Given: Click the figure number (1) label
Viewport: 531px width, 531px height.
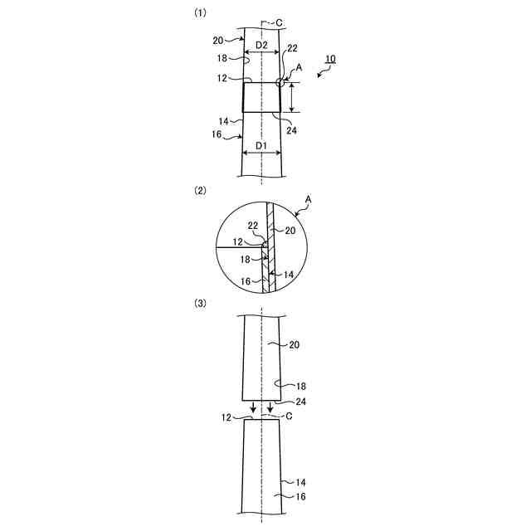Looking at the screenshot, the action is point(199,13).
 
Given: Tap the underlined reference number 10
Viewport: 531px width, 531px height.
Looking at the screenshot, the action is point(330,60).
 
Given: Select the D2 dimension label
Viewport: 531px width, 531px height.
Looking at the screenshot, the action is point(260,44).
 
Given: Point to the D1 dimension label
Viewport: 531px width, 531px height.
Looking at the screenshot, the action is point(260,146).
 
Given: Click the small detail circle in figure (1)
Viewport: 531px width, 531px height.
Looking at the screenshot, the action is point(281,81).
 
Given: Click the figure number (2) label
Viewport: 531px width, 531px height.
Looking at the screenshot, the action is point(199,190).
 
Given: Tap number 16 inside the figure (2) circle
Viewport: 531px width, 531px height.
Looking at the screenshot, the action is point(246,282).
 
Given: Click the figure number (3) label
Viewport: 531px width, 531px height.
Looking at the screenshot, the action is point(199,304).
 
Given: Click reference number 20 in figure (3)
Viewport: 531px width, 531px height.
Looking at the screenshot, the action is point(292,344).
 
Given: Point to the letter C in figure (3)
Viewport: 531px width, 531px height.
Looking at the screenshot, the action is point(288,417).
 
